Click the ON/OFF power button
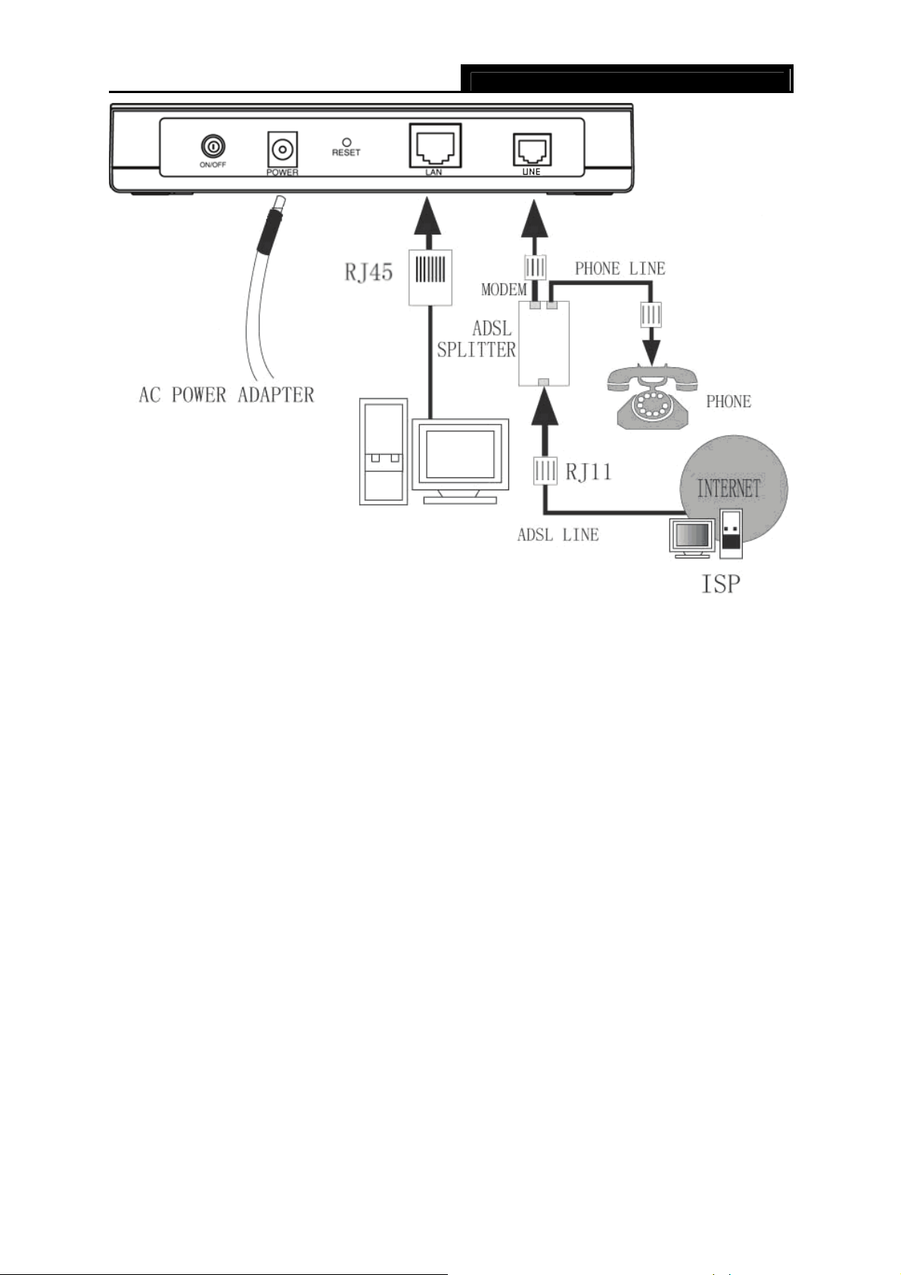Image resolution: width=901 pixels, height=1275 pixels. click(x=213, y=147)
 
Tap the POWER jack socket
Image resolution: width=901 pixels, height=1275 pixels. click(x=282, y=151)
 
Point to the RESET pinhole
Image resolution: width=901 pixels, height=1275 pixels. click(x=346, y=142)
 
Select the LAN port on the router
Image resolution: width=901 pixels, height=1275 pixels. click(x=435, y=146)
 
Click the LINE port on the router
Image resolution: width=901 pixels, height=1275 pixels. click(x=532, y=149)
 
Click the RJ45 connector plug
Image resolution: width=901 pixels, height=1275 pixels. click(x=430, y=277)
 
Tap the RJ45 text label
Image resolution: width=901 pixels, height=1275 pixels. click(x=369, y=272)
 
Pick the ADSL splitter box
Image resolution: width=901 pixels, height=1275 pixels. click(x=544, y=344)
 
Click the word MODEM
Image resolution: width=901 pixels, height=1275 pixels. click(x=504, y=290)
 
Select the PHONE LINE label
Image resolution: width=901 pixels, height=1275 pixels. click(x=620, y=269)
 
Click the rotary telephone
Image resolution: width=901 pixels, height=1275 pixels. click(x=652, y=396)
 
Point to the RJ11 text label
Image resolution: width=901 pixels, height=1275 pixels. click(x=589, y=472)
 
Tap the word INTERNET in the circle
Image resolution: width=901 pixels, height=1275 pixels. click(x=729, y=488)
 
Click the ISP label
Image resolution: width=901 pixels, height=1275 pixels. click(x=720, y=584)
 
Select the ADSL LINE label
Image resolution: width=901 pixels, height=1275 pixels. click(x=558, y=534)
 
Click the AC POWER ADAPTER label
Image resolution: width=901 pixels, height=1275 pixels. click(x=226, y=394)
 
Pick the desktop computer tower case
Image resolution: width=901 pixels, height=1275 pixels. click(x=384, y=452)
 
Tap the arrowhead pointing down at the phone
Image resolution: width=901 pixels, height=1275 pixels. click(x=651, y=353)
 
